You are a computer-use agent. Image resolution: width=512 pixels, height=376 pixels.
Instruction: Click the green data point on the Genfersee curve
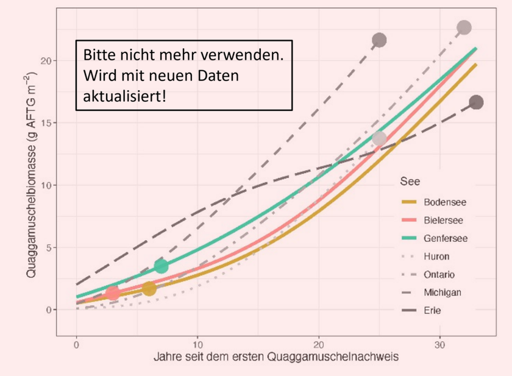point(161,266)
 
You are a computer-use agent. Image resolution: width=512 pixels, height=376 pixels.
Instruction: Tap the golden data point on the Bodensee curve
point(149,288)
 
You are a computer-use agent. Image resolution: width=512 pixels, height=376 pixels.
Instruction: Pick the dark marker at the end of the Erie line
point(476,102)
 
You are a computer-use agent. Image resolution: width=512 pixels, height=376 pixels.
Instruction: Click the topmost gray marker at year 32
point(464,27)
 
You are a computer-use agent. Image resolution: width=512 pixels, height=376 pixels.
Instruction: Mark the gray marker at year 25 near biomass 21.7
point(379,40)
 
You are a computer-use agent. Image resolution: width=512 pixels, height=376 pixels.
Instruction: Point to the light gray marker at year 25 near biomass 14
point(379,138)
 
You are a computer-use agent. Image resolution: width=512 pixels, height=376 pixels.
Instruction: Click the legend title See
point(408,182)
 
